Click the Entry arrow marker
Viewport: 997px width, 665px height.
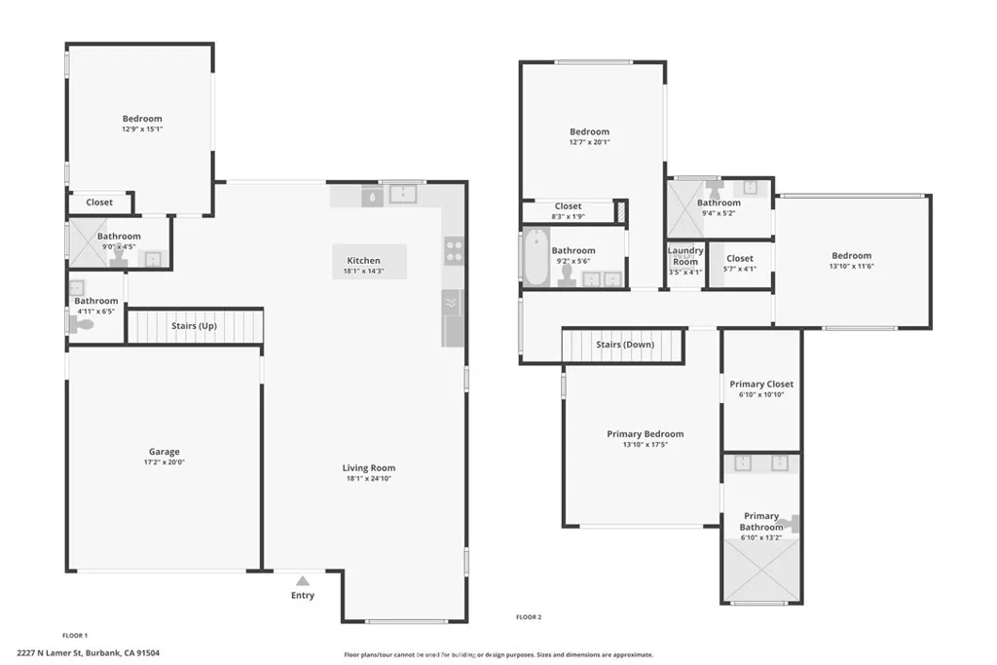[303, 580]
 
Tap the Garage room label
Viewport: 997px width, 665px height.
[164, 452]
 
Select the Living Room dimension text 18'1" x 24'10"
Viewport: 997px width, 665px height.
[370, 479]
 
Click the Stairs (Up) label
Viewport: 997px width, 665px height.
[194, 325]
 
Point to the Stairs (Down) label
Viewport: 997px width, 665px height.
[624, 345]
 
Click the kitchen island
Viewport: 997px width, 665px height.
[369, 261]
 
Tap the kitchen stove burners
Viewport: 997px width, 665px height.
[454, 252]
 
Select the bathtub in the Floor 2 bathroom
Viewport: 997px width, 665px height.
[536, 256]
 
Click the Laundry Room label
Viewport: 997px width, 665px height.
[684, 256]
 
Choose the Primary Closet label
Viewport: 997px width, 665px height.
[761, 385]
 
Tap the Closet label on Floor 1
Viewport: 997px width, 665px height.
[99, 203]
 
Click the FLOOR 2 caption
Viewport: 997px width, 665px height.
[528, 616]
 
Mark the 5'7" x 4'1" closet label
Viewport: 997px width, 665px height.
[740, 270]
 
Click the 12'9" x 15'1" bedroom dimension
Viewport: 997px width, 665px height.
[142, 129]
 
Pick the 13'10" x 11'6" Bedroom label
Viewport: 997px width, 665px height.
[851, 256]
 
